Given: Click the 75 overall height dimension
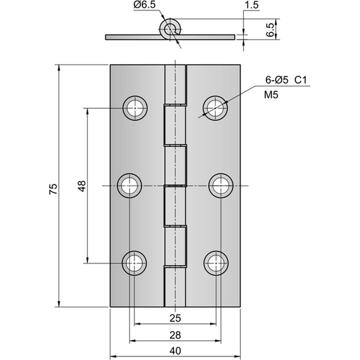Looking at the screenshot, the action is [x=53, y=189].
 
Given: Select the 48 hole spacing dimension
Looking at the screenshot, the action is [x=82, y=186].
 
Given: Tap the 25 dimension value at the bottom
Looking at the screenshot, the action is [x=175, y=318].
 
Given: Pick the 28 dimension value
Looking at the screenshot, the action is [x=175, y=335].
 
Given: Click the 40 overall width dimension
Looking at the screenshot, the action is [x=175, y=351].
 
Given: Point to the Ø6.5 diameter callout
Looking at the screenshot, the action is [x=145, y=5].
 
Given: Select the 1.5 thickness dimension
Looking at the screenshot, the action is [x=252, y=5].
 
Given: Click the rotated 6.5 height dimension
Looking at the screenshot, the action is [x=270, y=30].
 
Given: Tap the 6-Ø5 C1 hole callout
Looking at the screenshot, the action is [x=286, y=80].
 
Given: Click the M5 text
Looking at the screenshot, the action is [x=271, y=95].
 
